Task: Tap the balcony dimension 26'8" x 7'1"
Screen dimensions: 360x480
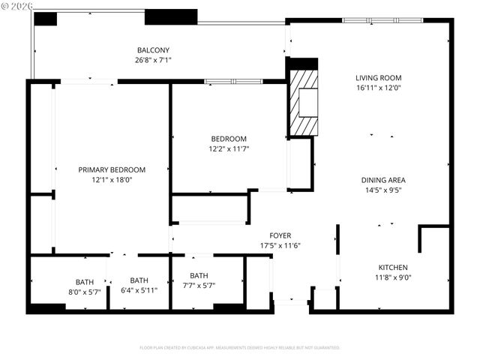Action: (x=152, y=60)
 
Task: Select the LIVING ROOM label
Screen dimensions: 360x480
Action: (x=378, y=77)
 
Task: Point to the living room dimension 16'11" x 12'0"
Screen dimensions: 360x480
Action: (x=378, y=87)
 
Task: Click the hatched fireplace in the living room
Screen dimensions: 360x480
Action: (x=304, y=102)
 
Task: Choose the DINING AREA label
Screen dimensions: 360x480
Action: (x=383, y=180)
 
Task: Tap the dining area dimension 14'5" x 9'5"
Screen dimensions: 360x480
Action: (x=383, y=190)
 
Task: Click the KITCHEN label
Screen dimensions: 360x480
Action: (x=393, y=268)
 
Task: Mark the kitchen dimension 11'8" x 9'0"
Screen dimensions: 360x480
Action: (x=393, y=277)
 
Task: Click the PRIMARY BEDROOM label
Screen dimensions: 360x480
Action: (x=112, y=169)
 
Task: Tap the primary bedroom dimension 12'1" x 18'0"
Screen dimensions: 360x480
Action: (x=112, y=179)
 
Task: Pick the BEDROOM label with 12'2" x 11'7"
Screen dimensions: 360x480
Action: (x=228, y=139)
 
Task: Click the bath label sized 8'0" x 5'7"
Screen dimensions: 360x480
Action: (x=85, y=282)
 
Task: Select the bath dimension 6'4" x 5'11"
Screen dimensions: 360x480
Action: (x=139, y=291)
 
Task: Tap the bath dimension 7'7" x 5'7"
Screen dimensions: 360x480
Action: (x=199, y=285)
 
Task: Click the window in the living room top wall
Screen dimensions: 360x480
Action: (x=382, y=20)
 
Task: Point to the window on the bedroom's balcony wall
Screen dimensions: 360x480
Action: (x=232, y=81)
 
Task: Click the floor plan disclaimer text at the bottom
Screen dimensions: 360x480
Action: (x=240, y=348)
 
